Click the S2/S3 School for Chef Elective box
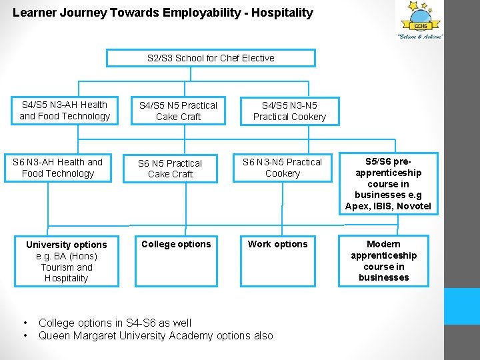coord(211,58)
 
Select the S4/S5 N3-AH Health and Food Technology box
coord(65,111)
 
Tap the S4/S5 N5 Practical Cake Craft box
coord(178,111)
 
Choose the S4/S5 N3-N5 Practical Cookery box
coord(289,111)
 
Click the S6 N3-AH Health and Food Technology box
coord(58,168)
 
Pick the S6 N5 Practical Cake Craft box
coord(170,169)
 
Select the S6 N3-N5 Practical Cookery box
coord(282,168)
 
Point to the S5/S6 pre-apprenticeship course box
coord(388,183)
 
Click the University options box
coord(67,261)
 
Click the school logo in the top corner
coord(421,20)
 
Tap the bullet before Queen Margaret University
coord(25,336)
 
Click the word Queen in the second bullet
coord(55,336)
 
